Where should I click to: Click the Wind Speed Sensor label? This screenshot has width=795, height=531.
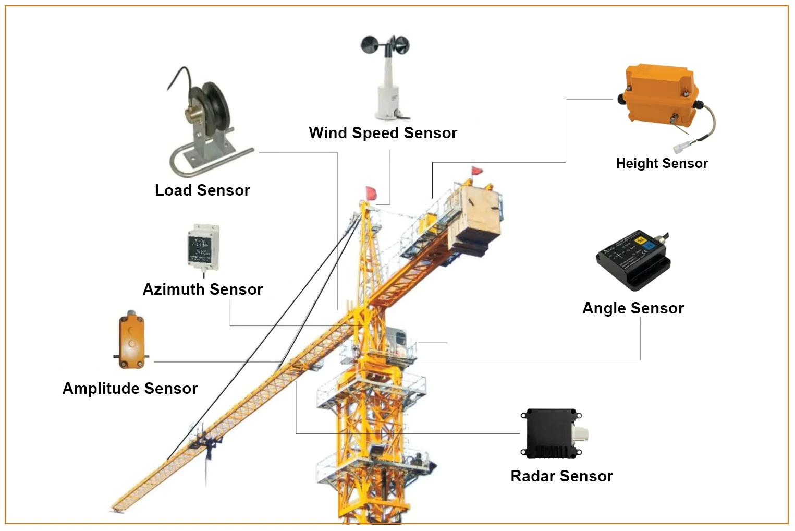[383, 133]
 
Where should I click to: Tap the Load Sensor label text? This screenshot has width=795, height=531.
[202, 190]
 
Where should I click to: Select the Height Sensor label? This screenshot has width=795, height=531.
[662, 163]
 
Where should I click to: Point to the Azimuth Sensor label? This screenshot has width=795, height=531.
[202, 289]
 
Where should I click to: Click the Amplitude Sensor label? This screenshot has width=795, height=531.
[130, 389]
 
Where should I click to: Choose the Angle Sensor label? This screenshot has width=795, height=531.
[633, 308]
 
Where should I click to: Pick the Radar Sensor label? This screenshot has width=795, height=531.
[561, 476]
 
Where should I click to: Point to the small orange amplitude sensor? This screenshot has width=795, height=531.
[131, 339]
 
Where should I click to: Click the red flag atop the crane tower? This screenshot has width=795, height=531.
[371, 192]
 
